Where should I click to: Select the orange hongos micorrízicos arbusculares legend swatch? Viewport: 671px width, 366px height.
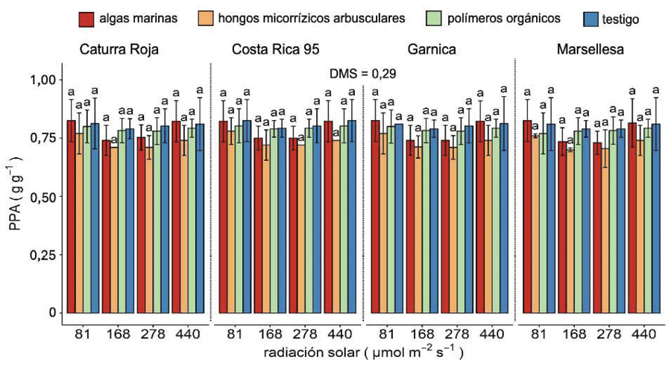point(206,17)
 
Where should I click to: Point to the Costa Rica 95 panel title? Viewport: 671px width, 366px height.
point(276,51)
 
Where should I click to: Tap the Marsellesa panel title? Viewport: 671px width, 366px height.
point(591,51)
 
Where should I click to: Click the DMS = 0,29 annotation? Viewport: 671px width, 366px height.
point(363,74)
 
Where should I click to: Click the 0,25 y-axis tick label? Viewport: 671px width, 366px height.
point(43,255)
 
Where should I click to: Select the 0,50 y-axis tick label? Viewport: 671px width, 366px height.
point(43,197)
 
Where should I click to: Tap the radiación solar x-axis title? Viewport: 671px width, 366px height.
point(362,352)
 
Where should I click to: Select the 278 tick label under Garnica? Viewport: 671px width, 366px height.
point(456,333)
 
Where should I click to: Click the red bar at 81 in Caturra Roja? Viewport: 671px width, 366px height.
point(71,216)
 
